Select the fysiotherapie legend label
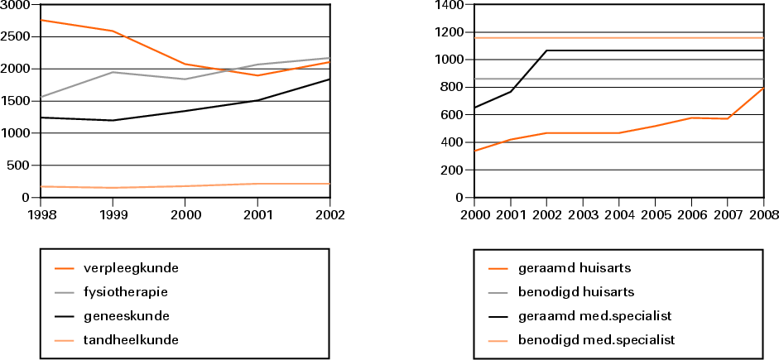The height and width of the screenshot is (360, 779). pyautogui.click(x=126, y=291)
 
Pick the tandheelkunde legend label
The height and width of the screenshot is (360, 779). pyautogui.click(x=130, y=339)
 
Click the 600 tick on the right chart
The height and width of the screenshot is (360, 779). pyautogui.click(x=452, y=115)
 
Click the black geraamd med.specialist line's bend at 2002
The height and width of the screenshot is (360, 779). pyautogui.click(x=546, y=50)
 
